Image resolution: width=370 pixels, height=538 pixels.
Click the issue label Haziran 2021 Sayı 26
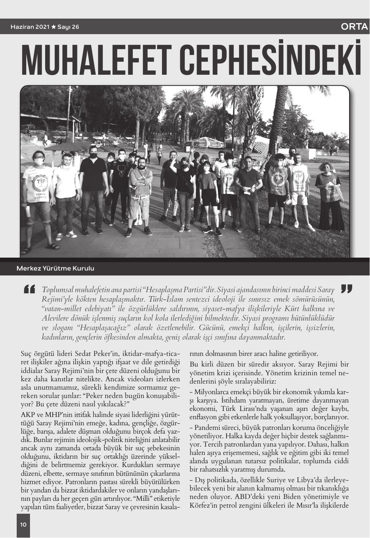45,27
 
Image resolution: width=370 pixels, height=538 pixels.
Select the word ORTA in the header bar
354,27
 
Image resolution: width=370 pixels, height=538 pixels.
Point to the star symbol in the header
54,27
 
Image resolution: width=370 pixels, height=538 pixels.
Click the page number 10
23,525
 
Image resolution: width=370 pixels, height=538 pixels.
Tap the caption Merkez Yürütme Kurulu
55,269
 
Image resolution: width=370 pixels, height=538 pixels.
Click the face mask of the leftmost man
38,161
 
